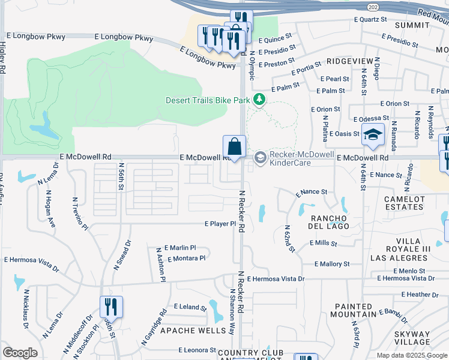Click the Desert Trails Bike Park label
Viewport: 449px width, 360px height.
207,100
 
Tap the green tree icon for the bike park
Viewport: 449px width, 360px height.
259,99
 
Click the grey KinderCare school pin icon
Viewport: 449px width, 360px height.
260,158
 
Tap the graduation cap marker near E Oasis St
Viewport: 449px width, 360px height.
373,134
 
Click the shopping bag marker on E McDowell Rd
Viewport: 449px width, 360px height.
234,146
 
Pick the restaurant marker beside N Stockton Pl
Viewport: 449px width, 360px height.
111,307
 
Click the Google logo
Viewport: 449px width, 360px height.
20,353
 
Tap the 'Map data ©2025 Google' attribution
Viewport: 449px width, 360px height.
412,355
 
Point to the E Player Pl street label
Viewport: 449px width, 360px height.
220,224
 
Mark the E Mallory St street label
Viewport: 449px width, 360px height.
332,264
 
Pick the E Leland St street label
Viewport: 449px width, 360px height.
190,307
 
